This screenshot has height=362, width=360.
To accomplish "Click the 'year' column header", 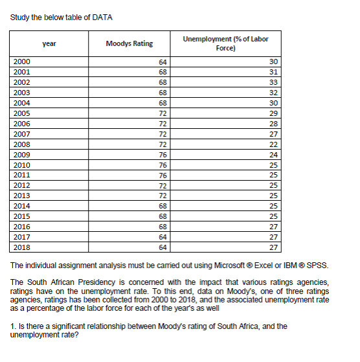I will point(49,43).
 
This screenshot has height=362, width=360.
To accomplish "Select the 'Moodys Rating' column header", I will point(129,43).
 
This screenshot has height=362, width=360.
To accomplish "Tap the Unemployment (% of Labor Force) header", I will point(225,43).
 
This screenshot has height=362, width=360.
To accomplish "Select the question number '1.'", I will point(14,326).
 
